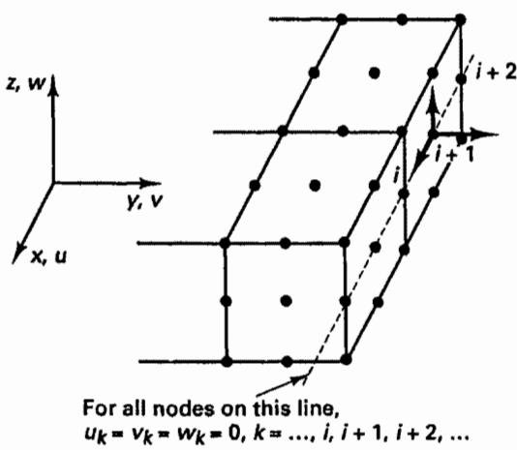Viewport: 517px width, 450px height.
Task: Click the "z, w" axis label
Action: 25,83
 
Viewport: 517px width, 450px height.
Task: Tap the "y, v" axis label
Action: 145,201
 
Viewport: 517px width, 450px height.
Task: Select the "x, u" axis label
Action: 48,256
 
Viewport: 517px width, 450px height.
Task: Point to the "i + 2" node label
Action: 496,73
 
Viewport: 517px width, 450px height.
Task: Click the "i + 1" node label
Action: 455,154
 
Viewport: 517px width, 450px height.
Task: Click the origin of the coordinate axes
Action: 52,183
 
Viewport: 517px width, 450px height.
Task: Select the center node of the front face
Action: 286,301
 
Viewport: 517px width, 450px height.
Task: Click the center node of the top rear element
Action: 374,73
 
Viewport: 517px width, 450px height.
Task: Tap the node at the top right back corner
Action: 460,19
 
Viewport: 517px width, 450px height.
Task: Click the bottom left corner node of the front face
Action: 227,361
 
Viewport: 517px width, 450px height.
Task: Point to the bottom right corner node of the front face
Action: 346,359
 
